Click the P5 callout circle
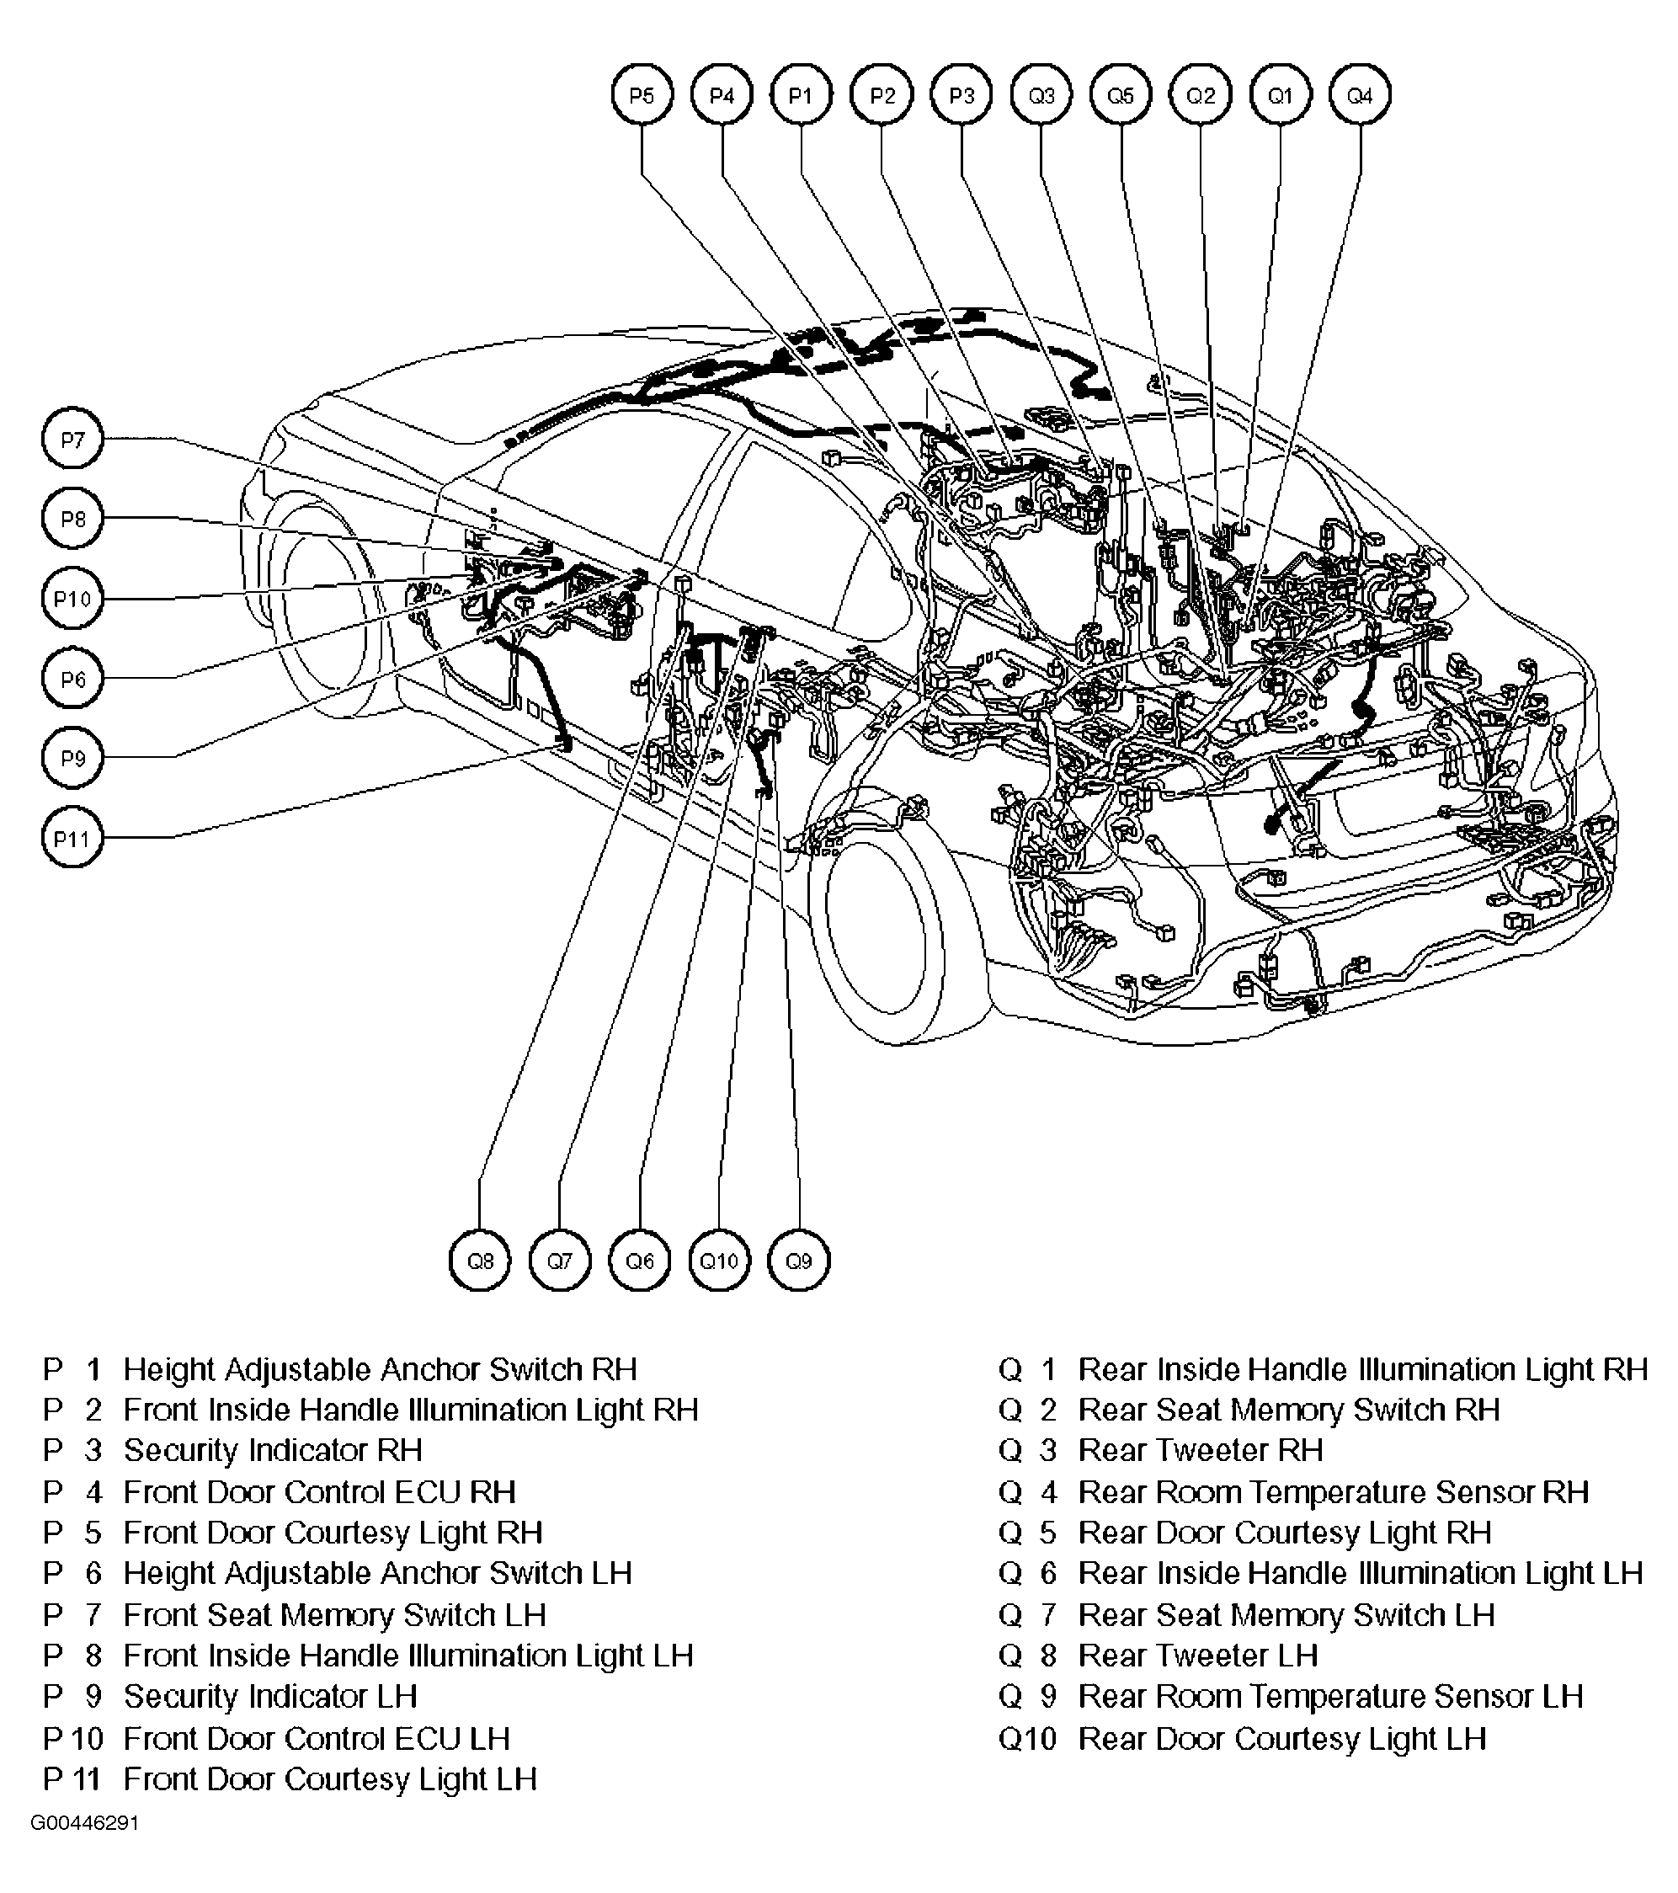point(642,94)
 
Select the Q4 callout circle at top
point(1360,94)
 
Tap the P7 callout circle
point(72,439)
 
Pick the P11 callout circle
point(72,838)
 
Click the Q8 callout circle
point(480,1261)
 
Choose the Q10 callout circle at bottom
point(720,1261)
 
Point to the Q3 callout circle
point(1041,94)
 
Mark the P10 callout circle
point(72,598)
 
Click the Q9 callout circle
point(798,1261)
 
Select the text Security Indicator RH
point(272,1450)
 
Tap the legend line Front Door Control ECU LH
point(316,1739)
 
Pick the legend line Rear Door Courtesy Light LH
point(1281,1739)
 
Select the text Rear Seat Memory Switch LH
point(1286,1615)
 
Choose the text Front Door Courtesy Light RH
point(333,1533)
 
